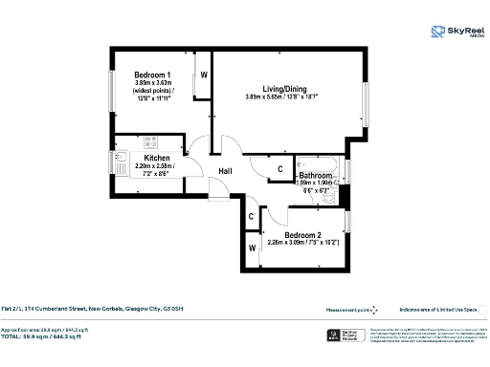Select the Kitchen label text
pos(157,158)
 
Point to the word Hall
pos(226,171)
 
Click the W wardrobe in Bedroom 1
pos(204,76)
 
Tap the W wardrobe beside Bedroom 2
pos(253,249)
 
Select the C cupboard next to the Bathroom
pos(279,170)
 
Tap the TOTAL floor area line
pos(58,336)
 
